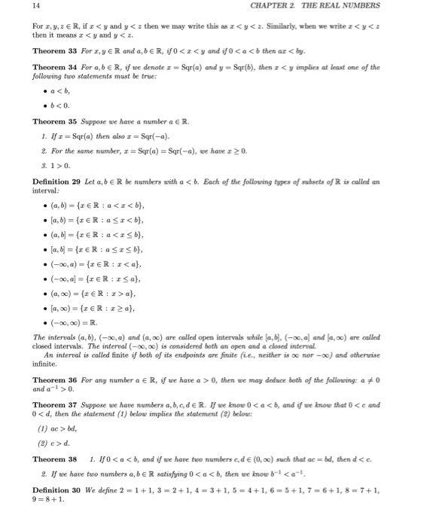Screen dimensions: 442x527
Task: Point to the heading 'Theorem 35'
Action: pyautogui.click(x=54, y=120)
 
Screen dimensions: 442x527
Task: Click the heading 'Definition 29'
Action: pyautogui.click(x=58, y=181)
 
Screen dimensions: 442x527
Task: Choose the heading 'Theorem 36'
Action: pyautogui.click(x=54, y=380)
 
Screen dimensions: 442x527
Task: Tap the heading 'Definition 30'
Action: pyautogui.click(x=58, y=510)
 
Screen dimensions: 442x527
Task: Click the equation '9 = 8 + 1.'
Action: pyautogui.click(x=49, y=520)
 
